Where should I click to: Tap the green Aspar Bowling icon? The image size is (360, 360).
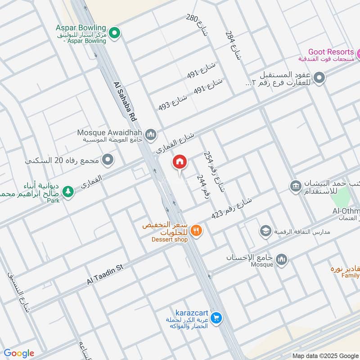point(115,32)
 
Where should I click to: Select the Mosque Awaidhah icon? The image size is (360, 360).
point(151,134)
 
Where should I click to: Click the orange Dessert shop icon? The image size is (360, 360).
point(197,231)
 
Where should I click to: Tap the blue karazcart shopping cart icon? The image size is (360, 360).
point(216,318)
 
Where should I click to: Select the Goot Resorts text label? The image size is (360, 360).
point(331,52)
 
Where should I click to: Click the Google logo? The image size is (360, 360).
point(19,353)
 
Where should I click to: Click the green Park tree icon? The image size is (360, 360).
point(68,192)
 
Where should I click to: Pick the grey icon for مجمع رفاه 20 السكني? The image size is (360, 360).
point(108,160)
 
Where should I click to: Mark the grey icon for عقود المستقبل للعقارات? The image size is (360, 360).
point(319,78)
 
